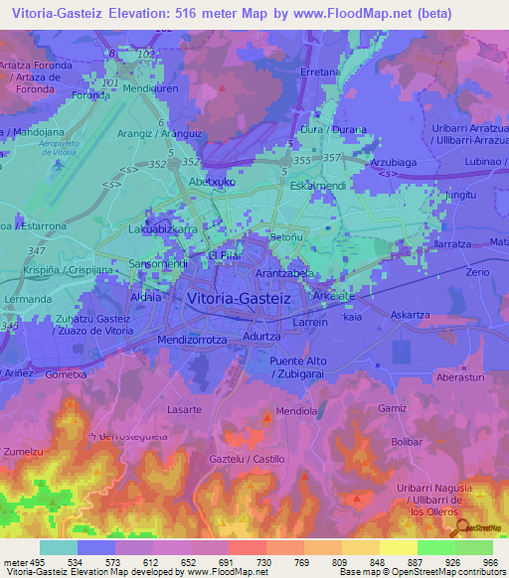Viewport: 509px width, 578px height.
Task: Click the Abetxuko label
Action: click(212, 183)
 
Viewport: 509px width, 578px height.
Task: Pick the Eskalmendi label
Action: click(317, 186)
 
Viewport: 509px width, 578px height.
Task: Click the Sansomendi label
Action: click(159, 265)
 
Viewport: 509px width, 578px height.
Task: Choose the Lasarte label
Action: click(185, 409)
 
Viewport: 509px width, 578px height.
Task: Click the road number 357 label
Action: click(332, 158)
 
